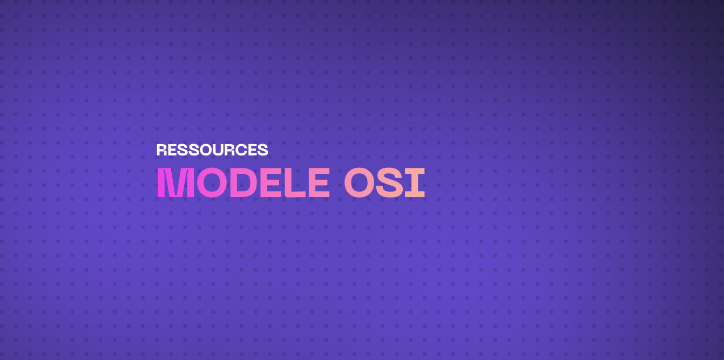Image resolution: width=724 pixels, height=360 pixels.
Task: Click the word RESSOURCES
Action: (x=212, y=150)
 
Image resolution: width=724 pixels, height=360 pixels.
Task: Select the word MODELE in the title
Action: (x=243, y=184)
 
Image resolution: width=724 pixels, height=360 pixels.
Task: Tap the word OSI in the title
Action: (x=384, y=184)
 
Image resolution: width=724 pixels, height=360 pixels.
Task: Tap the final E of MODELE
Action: (x=318, y=184)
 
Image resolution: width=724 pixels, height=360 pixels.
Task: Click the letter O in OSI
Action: (x=359, y=184)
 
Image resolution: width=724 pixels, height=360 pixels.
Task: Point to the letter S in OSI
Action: (x=389, y=184)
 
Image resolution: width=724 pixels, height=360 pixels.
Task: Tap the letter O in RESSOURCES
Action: (x=206, y=150)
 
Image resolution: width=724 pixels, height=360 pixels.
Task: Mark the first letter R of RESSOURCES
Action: (x=161, y=150)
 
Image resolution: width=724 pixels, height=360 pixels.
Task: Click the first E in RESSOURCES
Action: (x=172, y=150)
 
